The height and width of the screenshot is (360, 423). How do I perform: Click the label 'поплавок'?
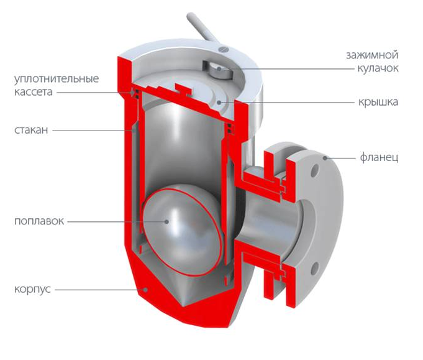(x=39, y=221)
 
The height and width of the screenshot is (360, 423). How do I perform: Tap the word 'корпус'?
(x=32, y=289)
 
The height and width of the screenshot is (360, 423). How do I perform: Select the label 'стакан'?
(x=31, y=130)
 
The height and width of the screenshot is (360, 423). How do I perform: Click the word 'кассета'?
(x=33, y=92)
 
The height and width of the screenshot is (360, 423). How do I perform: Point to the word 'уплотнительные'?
(x=57, y=79)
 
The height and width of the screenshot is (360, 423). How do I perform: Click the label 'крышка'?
(x=378, y=102)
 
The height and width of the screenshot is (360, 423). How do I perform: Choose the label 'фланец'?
(x=379, y=158)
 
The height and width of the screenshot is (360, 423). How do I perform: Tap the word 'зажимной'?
(x=372, y=55)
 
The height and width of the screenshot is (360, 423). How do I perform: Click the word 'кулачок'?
(x=378, y=68)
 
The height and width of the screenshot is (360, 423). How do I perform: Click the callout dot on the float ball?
(x=166, y=222)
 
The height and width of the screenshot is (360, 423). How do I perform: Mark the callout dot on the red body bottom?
(x=145, y=290)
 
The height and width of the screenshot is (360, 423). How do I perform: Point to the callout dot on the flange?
(x=325, y=158)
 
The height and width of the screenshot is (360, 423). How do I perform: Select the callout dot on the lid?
(x=219, y=103)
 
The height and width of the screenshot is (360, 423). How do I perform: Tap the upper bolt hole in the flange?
(x=314, y=170)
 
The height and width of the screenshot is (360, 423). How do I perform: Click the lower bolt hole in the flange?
(x=314, y=268)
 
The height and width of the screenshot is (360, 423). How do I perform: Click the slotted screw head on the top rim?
(x=224, y=49)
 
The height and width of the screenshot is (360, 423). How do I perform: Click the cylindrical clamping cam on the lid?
(x=220, y=71)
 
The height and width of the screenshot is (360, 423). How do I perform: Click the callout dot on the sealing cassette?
(x=133, y=93)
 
